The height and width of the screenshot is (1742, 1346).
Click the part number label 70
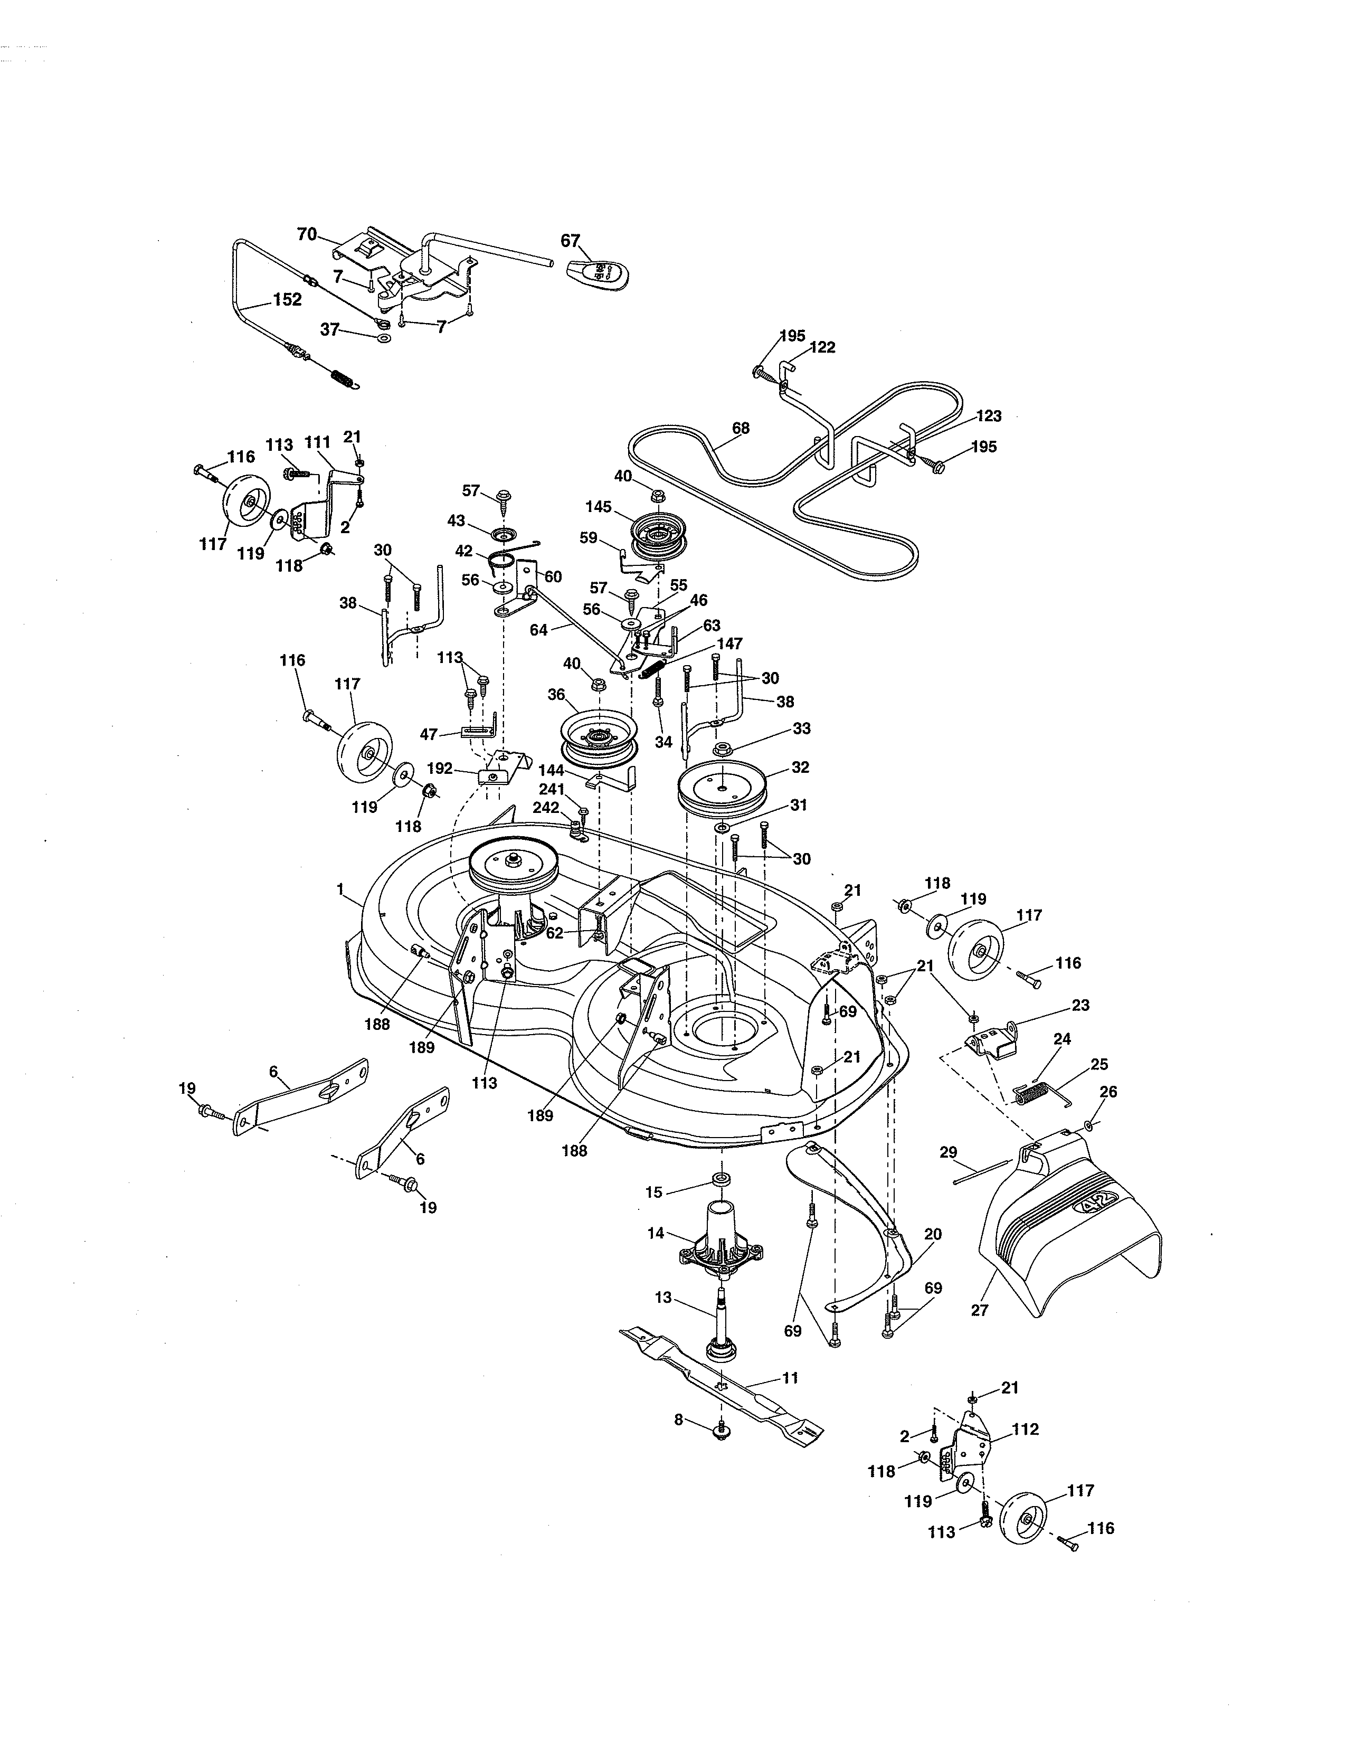[x=306, y=234]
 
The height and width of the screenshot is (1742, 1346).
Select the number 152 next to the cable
[x=287, y=300]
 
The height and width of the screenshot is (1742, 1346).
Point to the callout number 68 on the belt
[x=740, y=428]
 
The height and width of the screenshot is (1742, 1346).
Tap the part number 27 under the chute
[x=979, y=1310]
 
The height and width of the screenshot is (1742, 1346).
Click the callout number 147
[x=729, y=643]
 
